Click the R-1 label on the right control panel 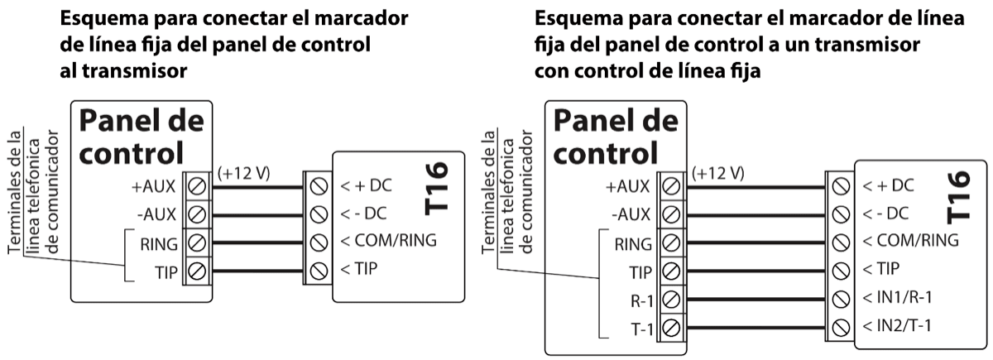[x=640, y=299]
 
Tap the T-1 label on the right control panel [x=640, y=328]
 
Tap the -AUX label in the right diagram [x=634, y=214]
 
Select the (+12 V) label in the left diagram [x=244, y=174]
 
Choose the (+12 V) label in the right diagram [x=717, y=174]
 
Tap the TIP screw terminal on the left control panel [x=197, y=271]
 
